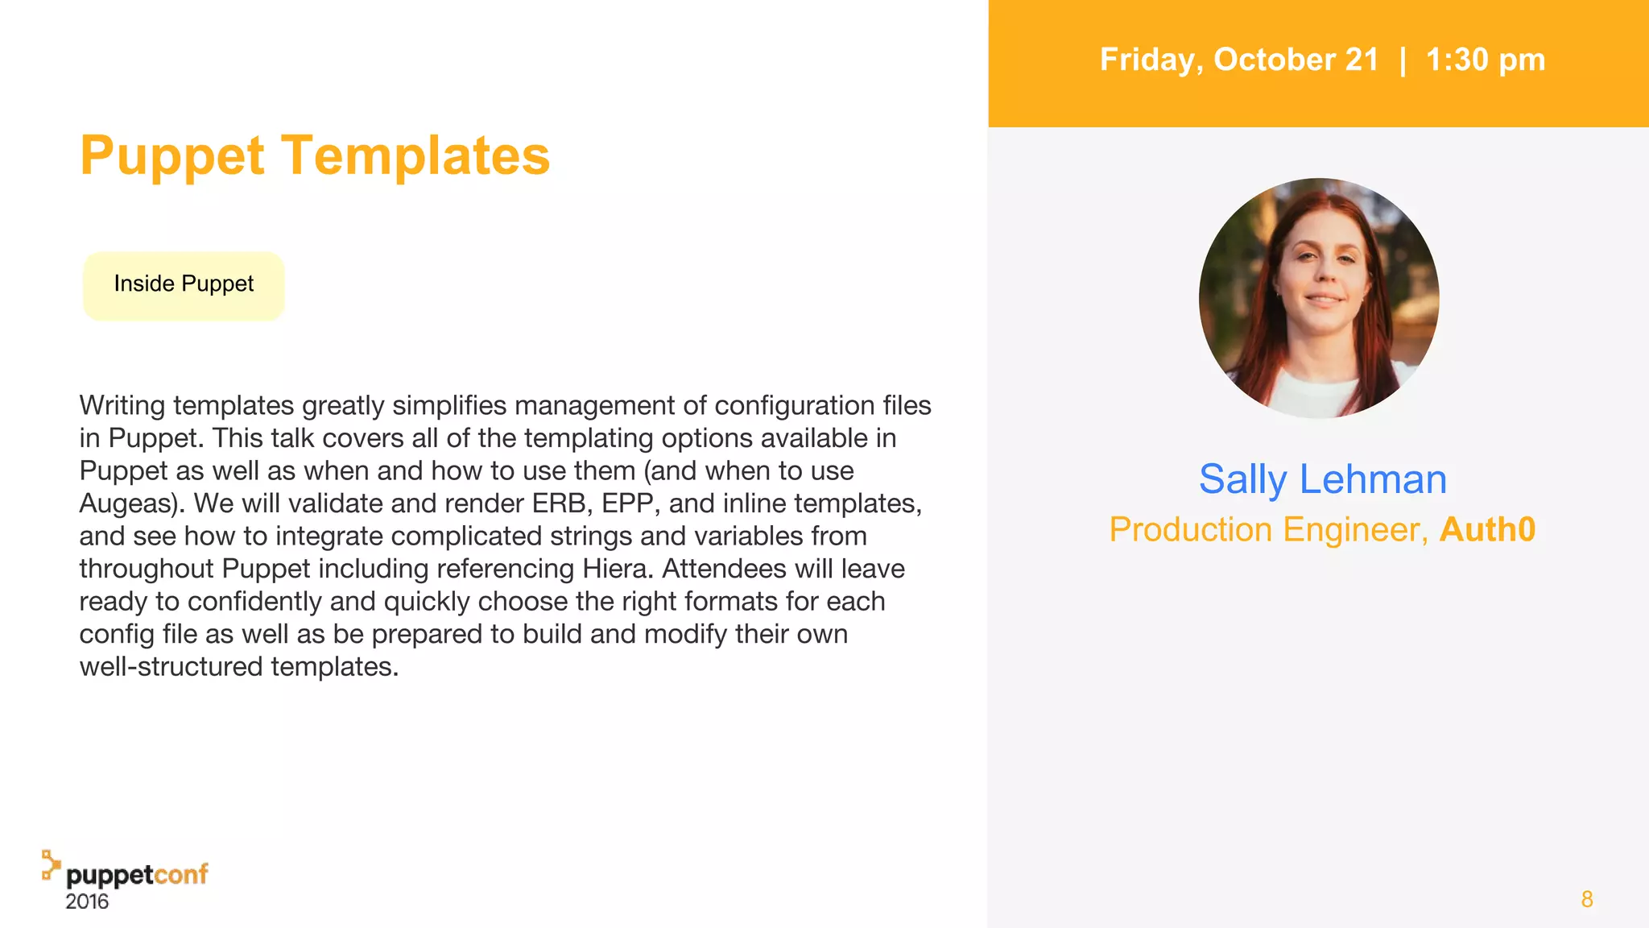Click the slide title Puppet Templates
(x=315, y=155)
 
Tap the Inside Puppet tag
(x=184, y=284)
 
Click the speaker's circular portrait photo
(x=1319, y=298)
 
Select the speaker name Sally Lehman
(x=1322, y=479)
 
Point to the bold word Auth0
(x=1487, y=530)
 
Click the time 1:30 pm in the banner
(x=1485, y=60)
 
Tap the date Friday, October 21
(x=1239, y=60)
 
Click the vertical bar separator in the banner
(x=1403, y=60)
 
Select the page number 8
(x=1587, y=899)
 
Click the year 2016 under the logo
(x=87, y=901)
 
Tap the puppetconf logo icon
(x=51, y=864)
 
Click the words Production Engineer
(x=1268, y=530)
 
